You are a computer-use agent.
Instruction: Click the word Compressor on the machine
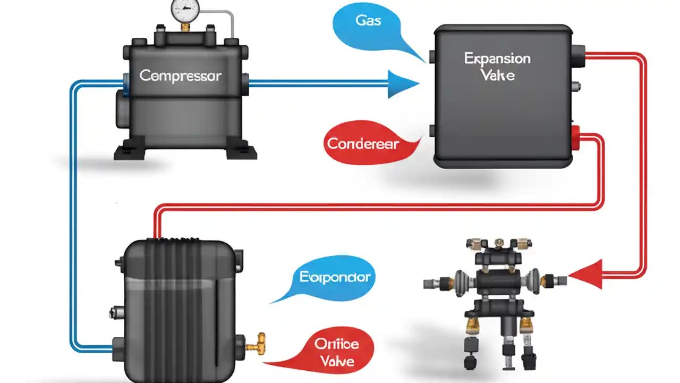click(x=180, y=76)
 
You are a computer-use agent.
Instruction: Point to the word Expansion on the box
click(x=497, y=59)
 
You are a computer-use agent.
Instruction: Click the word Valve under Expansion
click(x=497, y=75)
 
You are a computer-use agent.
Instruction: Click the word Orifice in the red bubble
click(x=336, y=344)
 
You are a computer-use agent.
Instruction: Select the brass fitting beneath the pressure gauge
click(x=185, y=26)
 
